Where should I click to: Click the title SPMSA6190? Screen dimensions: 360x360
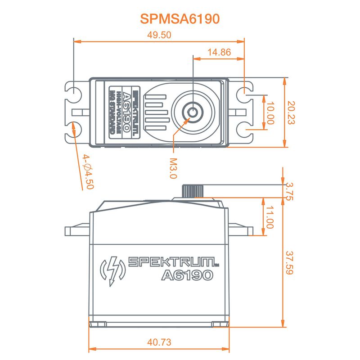click(180, 19)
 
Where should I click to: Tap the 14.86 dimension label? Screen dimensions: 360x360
click(219, 52)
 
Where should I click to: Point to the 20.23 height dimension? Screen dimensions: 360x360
click(291, 112)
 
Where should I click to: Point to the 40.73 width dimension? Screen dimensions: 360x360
click(159, 342)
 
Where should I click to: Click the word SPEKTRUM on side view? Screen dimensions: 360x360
click(173, 261)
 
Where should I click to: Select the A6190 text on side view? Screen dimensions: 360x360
click(186, 275)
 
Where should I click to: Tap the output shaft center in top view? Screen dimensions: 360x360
click(193, 112)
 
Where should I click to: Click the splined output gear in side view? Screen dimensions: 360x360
click(189, 190)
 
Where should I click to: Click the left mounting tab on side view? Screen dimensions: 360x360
click(77, 231)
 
